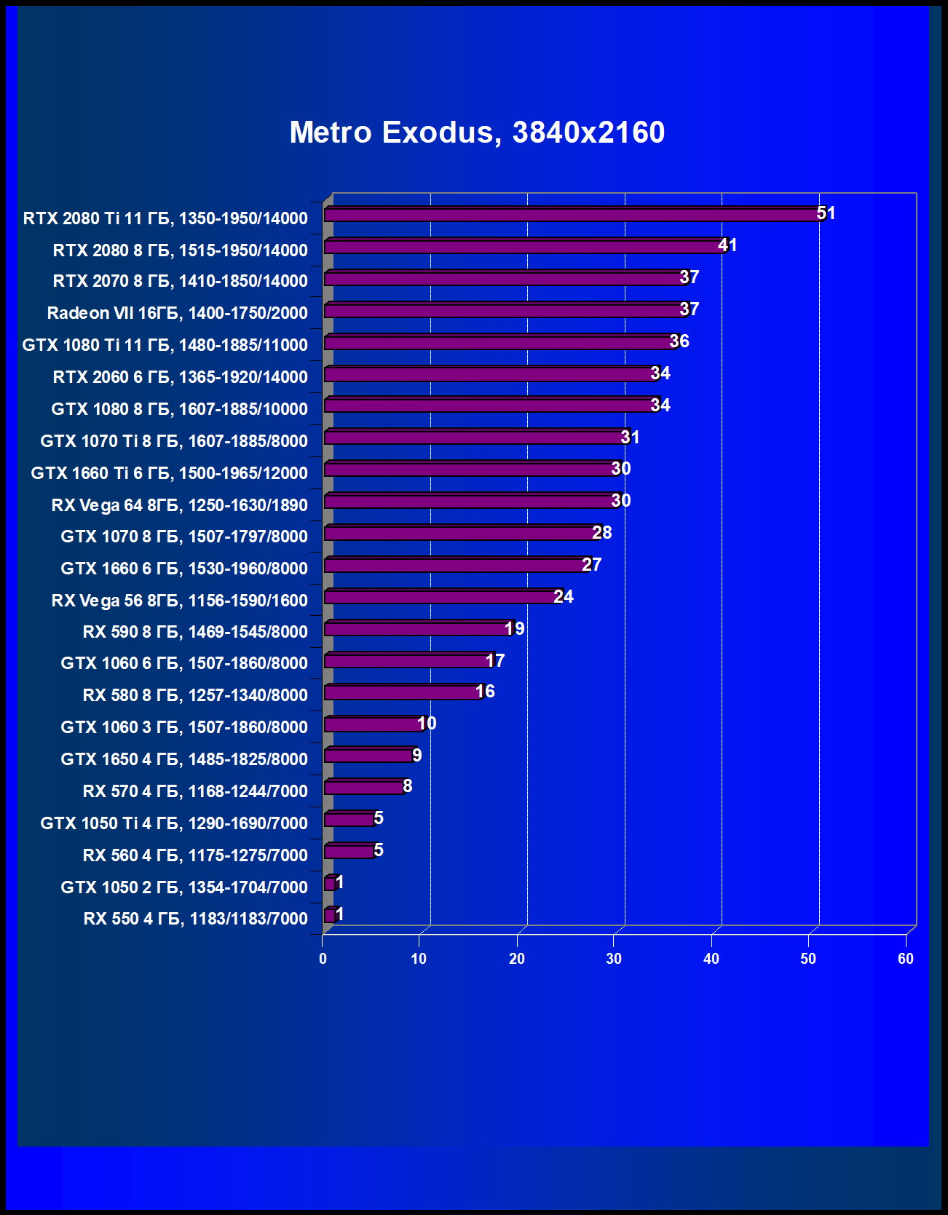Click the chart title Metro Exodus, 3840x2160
pos(477,132)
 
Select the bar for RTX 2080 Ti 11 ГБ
pos(572,215)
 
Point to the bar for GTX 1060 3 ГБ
pos(373,724)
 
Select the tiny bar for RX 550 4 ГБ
pos(329,915)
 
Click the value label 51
pos(826,213)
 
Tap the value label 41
pos(727,245)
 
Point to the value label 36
pos(679,341)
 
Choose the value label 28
pos(602,533)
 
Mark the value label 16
pos(485,692)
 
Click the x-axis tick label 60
pos(905,959)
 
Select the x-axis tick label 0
pos(323,959)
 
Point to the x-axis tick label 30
pos(614,959)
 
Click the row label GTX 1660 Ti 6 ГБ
pos(169,473)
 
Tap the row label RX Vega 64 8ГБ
pos(179,505)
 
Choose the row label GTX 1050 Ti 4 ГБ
pos(174,823)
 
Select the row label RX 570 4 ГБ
pos(195,791)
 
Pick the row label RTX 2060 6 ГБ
pos(180,377)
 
